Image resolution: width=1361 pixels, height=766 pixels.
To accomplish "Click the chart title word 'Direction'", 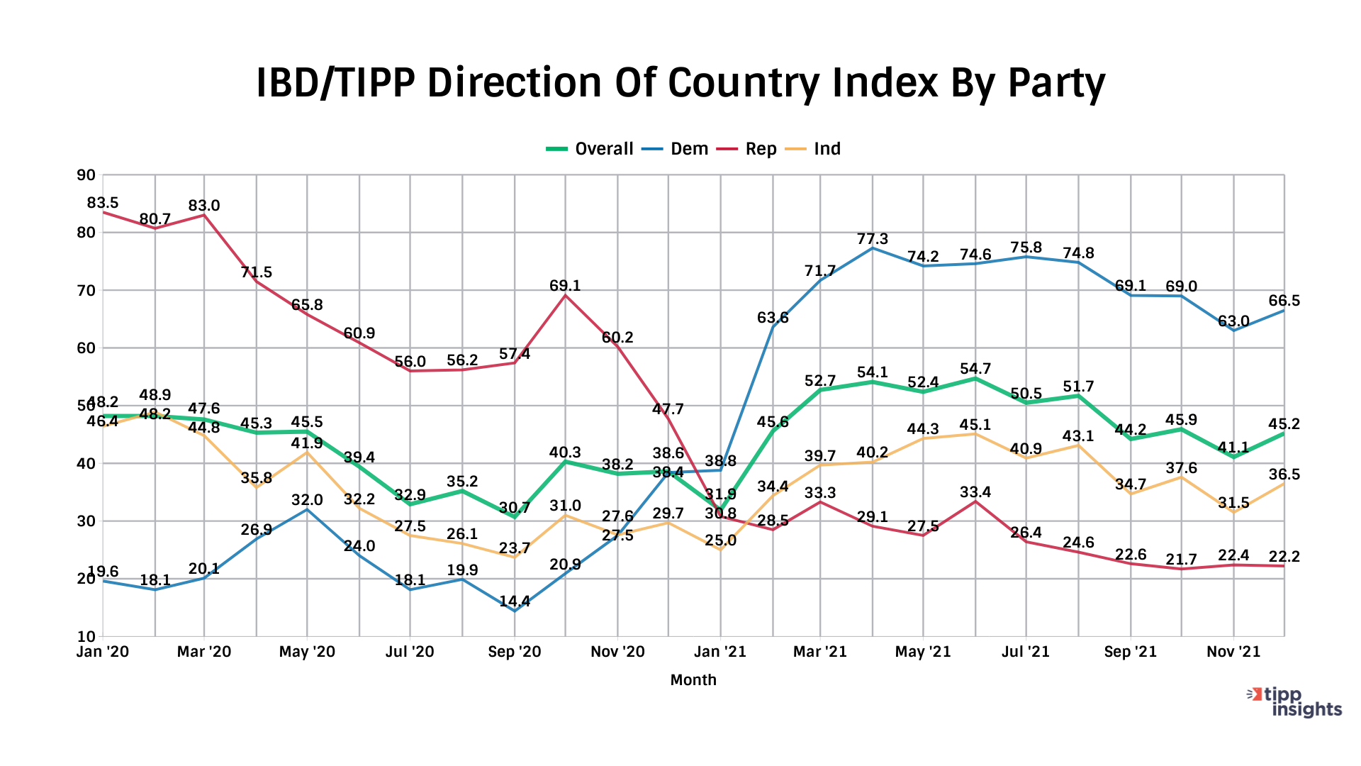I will [514, 83].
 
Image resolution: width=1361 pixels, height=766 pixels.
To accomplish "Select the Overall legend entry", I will [590, 149].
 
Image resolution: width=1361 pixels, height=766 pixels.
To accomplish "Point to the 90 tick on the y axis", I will [86, 174].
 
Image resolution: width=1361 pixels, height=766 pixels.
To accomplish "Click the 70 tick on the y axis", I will [86, 290].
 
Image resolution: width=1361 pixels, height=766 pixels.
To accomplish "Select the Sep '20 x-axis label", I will [514, 652].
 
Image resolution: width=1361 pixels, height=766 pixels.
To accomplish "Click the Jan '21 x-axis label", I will [720, 652].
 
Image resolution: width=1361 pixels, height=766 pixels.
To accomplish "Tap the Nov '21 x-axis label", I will [1233, 652].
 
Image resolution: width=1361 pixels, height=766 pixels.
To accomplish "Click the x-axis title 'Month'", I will [693, 680].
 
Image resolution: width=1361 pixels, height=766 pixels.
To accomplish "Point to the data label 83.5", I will [103, 203].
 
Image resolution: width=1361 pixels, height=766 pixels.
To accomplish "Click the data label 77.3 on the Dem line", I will [872, 239].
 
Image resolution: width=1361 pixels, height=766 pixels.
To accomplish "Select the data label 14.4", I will [515, 601].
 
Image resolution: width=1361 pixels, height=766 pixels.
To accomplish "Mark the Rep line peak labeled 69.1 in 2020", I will [565, 286].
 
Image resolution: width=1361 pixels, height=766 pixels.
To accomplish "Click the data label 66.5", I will [1284, 301].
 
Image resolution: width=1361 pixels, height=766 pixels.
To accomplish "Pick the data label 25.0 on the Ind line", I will [721, 540].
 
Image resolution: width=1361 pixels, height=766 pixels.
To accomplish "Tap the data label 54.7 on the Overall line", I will [975, 369].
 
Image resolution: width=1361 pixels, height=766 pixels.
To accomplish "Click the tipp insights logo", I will [1294, 702].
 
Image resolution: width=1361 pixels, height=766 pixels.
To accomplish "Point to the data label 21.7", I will [1181, 560].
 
